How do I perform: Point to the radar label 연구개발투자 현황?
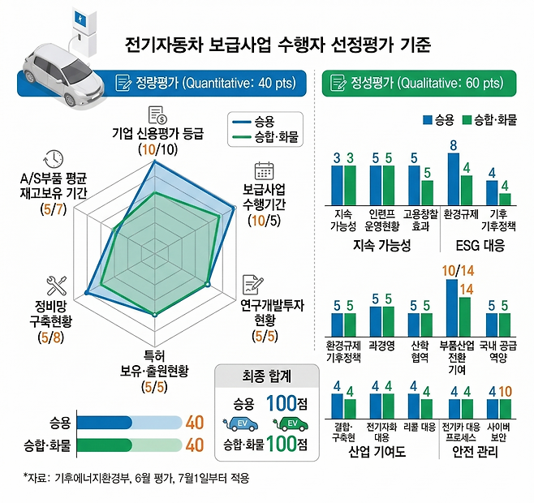(273, 312)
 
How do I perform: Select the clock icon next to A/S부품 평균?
(54, 159)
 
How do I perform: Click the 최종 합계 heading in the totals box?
(260, 376)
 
